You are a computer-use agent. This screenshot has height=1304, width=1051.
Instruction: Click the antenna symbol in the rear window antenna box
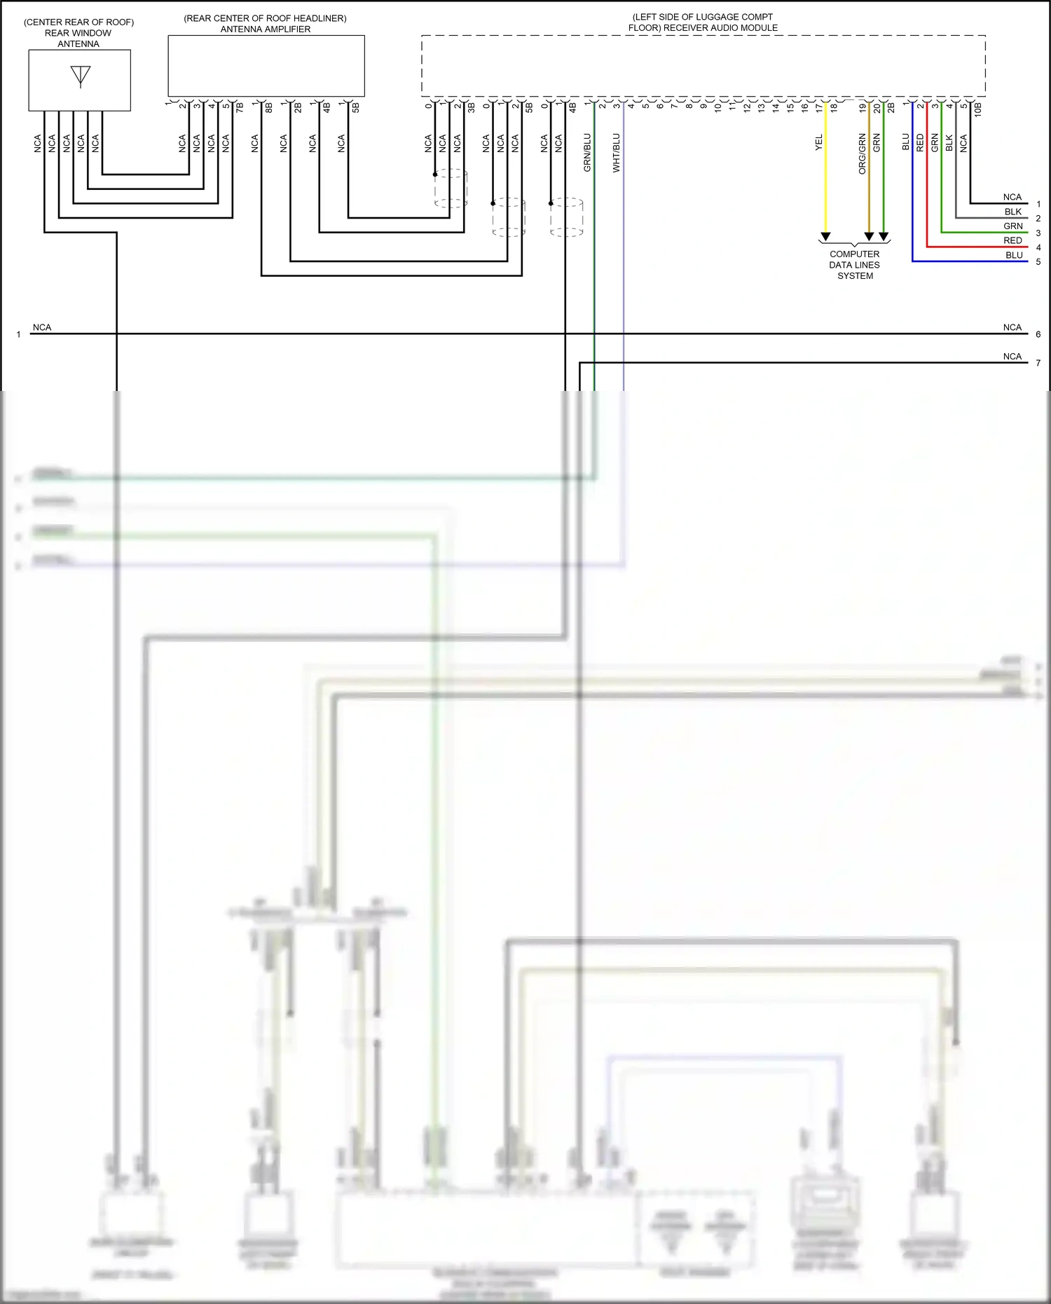pyautogui.click(x=81, y=76)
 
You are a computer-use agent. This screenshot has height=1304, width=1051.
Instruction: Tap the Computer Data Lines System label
pyautogui.click(x=854, y=265)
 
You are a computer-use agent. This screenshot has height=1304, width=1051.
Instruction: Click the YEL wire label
pyautogui.click(x=819, y=143)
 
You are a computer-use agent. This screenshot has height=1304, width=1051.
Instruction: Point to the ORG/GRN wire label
pyautogui.click(x=862, y=153)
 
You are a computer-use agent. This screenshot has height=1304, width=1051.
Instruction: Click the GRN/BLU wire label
pyautogui.click(x=587, y=153)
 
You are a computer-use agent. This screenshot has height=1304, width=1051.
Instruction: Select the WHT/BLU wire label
pyautogui.click(x=617, y=153)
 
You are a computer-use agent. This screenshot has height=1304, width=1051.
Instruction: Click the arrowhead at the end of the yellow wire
pyautogui.click(x=826, y=237)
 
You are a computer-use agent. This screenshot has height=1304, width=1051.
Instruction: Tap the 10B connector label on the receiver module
pyautogui.click(x=978, y=109)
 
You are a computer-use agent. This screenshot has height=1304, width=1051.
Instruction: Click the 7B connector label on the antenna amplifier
pyautogui.click(x=240, y=108)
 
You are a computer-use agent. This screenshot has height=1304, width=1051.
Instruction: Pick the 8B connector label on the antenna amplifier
pyautogui.click(x=269, y=108)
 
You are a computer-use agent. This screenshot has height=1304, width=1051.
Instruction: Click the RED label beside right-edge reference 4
pyautogui.click(x=1012, y=240)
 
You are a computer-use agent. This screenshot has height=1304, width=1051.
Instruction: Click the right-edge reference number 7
pyautogui.click(x=1038, y=363)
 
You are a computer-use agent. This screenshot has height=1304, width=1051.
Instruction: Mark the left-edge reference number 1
pyautogui.click(x=19, y=334)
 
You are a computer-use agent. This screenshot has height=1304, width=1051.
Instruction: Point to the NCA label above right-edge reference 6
pyautogui.click(x=1012, y=327)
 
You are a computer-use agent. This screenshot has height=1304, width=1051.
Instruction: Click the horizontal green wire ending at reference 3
pyautogui.click(x=981, y=232)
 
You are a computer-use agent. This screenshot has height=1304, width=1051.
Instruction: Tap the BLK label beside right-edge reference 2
pyautogui.click(x=1013, y=212)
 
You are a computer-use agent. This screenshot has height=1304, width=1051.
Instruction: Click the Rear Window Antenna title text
pyautogui.click(x=78, y=33)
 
